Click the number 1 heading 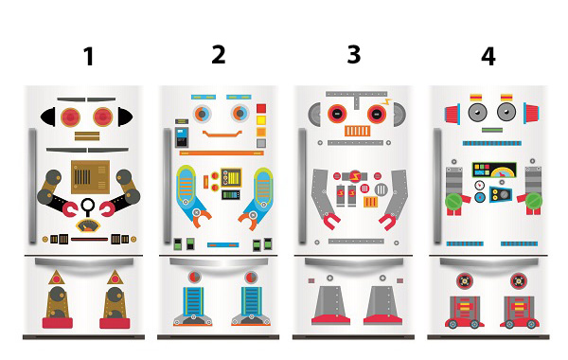89,57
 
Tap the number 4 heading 488,57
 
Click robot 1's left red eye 70,117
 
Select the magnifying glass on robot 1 87,207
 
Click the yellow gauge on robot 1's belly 88,225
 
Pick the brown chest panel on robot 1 90,176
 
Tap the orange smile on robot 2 222,135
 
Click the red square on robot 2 261,108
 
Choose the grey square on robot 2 261,143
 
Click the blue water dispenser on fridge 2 182,136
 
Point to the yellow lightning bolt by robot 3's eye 387,102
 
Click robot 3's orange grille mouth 357,131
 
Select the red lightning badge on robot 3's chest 355,177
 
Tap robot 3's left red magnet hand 331,221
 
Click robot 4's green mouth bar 492,130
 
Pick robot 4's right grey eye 506,113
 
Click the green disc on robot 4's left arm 453,201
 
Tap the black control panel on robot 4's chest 494,170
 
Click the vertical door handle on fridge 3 302,186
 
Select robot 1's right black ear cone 125,117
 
